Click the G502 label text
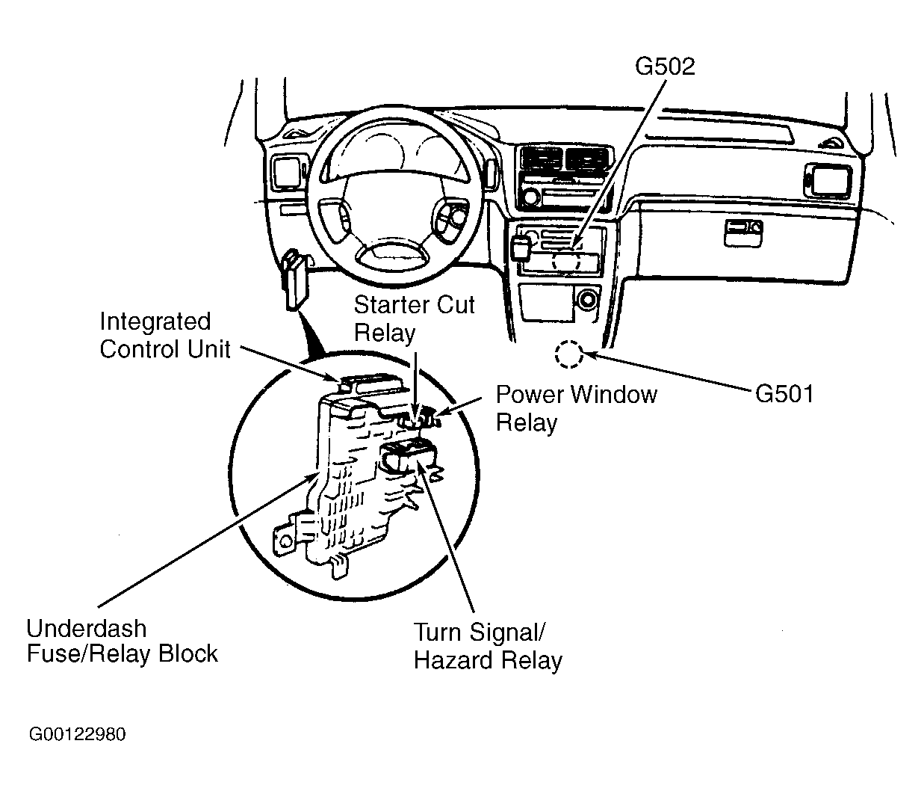point(664,67)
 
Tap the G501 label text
point(784,393)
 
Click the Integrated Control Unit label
point(165,336)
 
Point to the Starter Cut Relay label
point(414,319)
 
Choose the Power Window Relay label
point(576,408)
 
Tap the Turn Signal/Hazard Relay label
point(488,647)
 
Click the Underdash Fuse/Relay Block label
point(122,641)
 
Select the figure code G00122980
point(78,734)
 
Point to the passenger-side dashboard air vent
point(827,179)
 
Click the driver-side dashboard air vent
point(286,172)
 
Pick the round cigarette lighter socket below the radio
point(586,300)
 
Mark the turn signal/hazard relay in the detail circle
point(407,454)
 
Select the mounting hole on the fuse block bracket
point(284,541)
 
